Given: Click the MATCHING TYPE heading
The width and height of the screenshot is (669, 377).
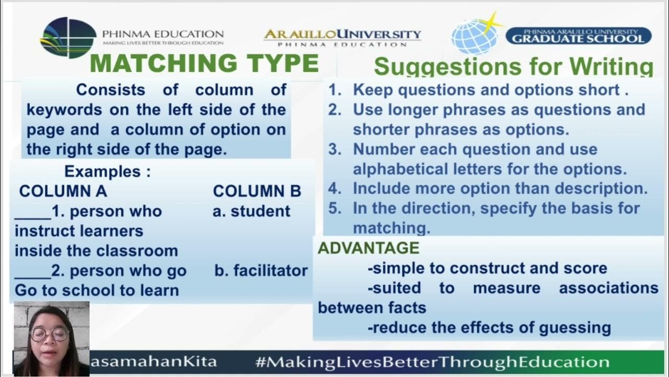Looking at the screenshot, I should pos(204,64).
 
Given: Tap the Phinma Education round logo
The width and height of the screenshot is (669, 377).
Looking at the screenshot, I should pos(68,37).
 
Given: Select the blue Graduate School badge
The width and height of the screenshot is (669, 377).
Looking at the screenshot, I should pos(578,36).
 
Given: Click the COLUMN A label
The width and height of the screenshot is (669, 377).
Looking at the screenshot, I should pos(63,191).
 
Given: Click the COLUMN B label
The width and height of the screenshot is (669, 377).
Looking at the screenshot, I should pos(257,191).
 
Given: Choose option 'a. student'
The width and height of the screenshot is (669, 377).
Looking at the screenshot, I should pos(251,211).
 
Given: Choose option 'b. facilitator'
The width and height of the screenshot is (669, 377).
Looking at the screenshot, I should pos(261,271).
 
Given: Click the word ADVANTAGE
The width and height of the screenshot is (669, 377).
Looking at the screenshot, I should pos(368,248).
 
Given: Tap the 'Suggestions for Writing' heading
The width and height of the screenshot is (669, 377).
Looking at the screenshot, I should pos(513,68).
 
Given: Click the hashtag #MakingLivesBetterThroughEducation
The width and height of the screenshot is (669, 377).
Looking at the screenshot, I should pos(432,362).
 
